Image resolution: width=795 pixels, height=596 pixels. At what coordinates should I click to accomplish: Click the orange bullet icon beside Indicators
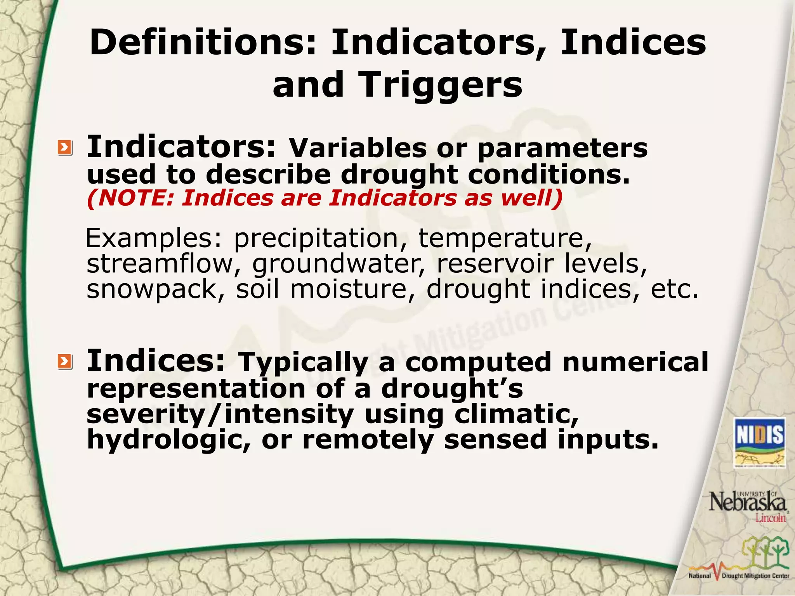point(65,148)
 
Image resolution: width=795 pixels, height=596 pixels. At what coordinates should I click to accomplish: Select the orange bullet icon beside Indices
point(65,362)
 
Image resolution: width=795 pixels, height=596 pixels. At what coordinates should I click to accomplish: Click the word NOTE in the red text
point(132,198)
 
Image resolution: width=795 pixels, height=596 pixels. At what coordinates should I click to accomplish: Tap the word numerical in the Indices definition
point(635,362)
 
